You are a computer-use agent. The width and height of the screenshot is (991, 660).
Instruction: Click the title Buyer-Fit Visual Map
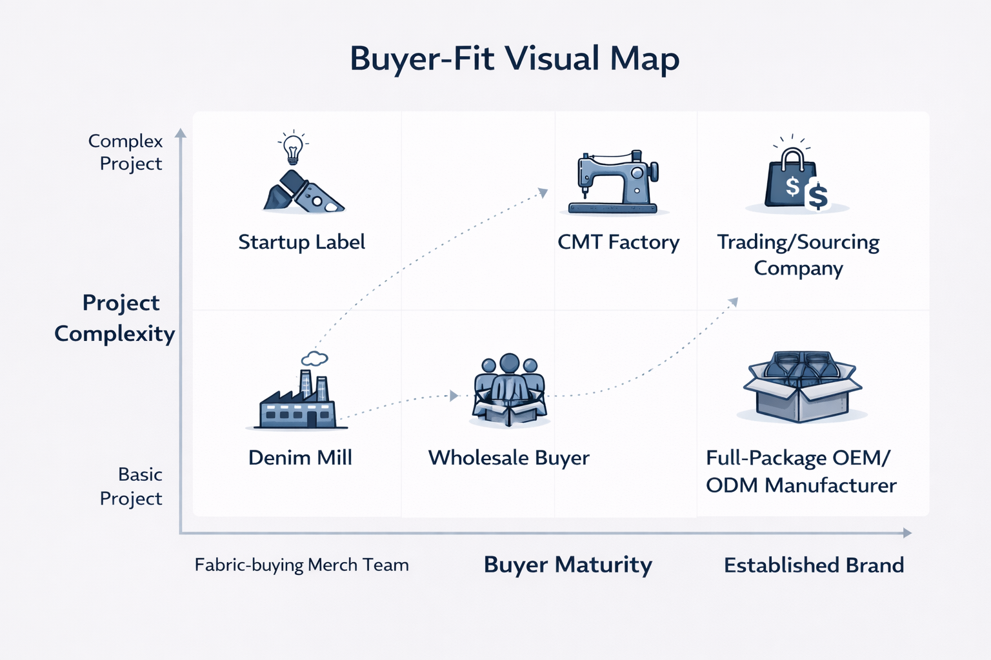pos(514,59)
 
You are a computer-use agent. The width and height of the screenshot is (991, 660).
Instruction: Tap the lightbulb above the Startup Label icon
pos(293,149)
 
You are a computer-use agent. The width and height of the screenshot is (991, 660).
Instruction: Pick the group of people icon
pos(510,390)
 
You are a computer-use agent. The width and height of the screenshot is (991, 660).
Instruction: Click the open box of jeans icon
pos(802,386)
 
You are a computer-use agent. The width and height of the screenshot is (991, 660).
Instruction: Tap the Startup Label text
pos(301,242)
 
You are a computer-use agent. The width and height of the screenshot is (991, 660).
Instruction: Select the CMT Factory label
pos(618,242)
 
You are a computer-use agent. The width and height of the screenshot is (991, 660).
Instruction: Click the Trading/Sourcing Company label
pos(798,255)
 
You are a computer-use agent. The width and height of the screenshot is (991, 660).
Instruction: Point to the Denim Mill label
pos(300,458)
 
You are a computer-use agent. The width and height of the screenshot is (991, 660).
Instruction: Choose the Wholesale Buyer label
pos(508,458)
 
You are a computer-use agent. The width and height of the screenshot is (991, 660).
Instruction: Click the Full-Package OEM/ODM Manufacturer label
pos(801,471)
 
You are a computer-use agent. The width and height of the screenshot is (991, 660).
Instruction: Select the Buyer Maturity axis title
pos(568,565)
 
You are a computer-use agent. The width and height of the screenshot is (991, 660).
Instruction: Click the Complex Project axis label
pos(127,152)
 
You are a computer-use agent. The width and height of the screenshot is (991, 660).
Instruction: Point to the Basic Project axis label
pos(132,487)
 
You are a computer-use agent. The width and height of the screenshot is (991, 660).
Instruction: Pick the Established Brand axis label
pos(814,565)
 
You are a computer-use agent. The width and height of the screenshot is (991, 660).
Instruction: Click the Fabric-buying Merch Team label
pos(301,565)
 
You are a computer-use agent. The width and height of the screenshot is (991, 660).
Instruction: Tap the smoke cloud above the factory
pos(314,358)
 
